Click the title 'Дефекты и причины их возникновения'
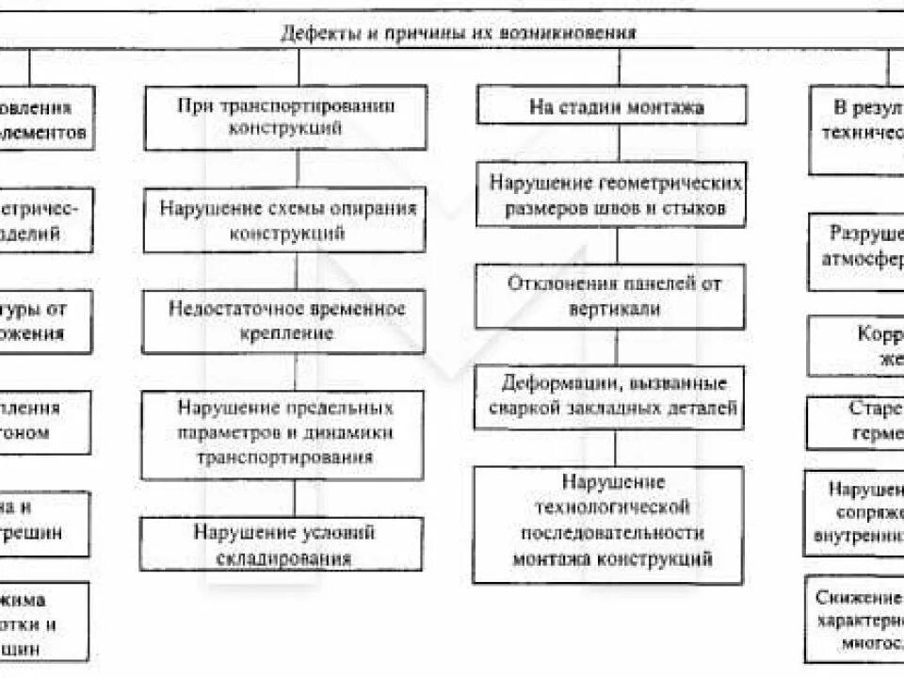(x=459, y=33)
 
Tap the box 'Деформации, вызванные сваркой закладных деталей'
(x=613, y=396)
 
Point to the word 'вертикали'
(x=615, y=309)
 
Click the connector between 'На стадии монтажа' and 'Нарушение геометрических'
(x=619, y=144)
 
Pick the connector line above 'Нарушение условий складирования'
(x=294, y=499)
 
